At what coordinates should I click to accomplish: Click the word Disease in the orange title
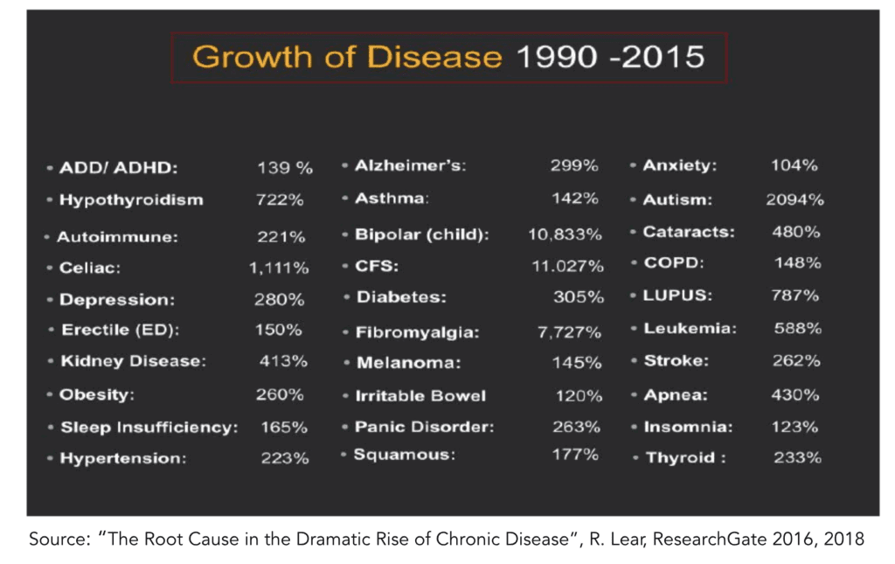(434, 57)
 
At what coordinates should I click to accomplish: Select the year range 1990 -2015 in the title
(610, 57)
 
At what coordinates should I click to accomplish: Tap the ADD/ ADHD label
(119, 168)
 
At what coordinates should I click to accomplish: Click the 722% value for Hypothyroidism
(280, 199)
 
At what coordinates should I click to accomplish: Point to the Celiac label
(90, 268)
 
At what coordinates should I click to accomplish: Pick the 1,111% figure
(279, 268)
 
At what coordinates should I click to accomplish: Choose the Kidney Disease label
(134, 361)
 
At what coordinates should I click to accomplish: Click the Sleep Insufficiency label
(149, 428)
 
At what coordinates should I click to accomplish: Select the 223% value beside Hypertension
(285, 458)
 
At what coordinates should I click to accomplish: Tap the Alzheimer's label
(411, 165)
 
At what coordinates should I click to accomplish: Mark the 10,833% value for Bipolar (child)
(565, 234)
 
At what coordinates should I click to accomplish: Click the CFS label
(377, 266)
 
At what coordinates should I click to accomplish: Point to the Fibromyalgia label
(417, 333)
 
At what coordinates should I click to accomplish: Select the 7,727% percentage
(569, 332)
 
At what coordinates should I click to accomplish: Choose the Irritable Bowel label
(420, 396)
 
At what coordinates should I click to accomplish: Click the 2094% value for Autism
(795, 199)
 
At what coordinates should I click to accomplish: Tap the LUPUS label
(677, 296)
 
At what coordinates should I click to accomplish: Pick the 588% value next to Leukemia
(798, 328)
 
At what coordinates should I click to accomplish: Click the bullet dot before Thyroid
(635, 458)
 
